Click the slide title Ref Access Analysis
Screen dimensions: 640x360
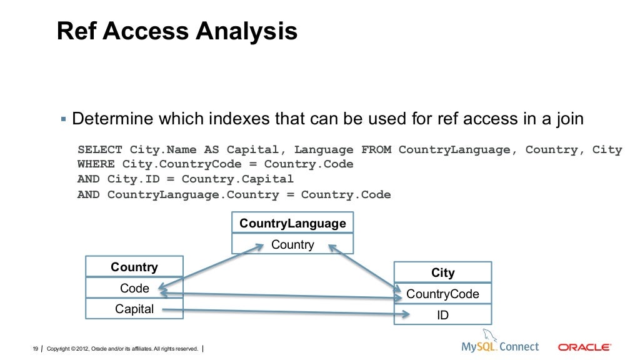pyautogui.click(x=177, y=31)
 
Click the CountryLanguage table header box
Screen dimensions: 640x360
pyautogui.click(x=292, y=223)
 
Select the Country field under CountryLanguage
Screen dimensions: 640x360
pyautogui.click(x=292, y=244)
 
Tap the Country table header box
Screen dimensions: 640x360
pyautogui.click(x=134, y=267)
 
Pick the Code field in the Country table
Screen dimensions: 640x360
pyautogui.click(x=134, y=288)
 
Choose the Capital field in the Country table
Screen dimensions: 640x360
pyautogui.click(x=134, y=309)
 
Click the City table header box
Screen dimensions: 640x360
pyautogui.click(x=442, y=272)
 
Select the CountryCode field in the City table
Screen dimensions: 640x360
pyautogui.click(x=442, y=294)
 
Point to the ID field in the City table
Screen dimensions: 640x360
pyautogui.click(x=442, y=315)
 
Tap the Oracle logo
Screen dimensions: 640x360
pyautogui.click(x=584, y=347)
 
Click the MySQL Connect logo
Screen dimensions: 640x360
pyautogui.click(x=499, y=345)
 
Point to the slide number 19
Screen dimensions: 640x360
pyautogui.click(x=36, y=348)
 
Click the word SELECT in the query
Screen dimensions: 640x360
pyautogui.click(x=100, y=150)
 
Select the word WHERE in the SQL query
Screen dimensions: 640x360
pyautogui.click(x=96, y=164)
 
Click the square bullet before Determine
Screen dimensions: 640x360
pyautogui.click(x=63, y=119)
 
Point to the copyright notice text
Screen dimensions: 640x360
pyautogui.click(x=122, y=348)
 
